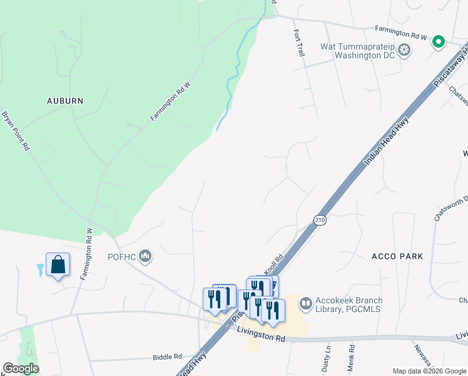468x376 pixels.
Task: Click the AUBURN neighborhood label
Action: pyautogui.click(x=65, y=100)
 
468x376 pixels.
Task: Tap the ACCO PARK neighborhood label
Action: pyautogui.click(x=397, y=256)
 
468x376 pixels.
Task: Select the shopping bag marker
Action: pyautogui.click(x=58, y=265)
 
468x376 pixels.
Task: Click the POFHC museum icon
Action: pyautogui.click(x=146, y=255)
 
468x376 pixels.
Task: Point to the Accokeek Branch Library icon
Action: pyautogui.click(x=306, y=304)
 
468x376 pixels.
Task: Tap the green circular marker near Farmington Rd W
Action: pyautogui.click(x=439, y=42)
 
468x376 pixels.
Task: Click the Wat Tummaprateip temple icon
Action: pyautogui.click(x=405, y=50)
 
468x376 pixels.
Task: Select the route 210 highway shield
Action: pyautogui.click(x=320, y=220)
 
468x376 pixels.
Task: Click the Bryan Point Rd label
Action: pyautogui.click(x=16, y=130)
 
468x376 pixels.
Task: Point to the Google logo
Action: pyautogui.click(x=21, y=368)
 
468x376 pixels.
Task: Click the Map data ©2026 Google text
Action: pyautogui.click(x=429, y=371)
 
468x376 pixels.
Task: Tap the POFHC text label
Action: pyautogui.click(x=121, y=256)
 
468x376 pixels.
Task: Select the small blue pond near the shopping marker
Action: pyautogui.click(x=41, y=270)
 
